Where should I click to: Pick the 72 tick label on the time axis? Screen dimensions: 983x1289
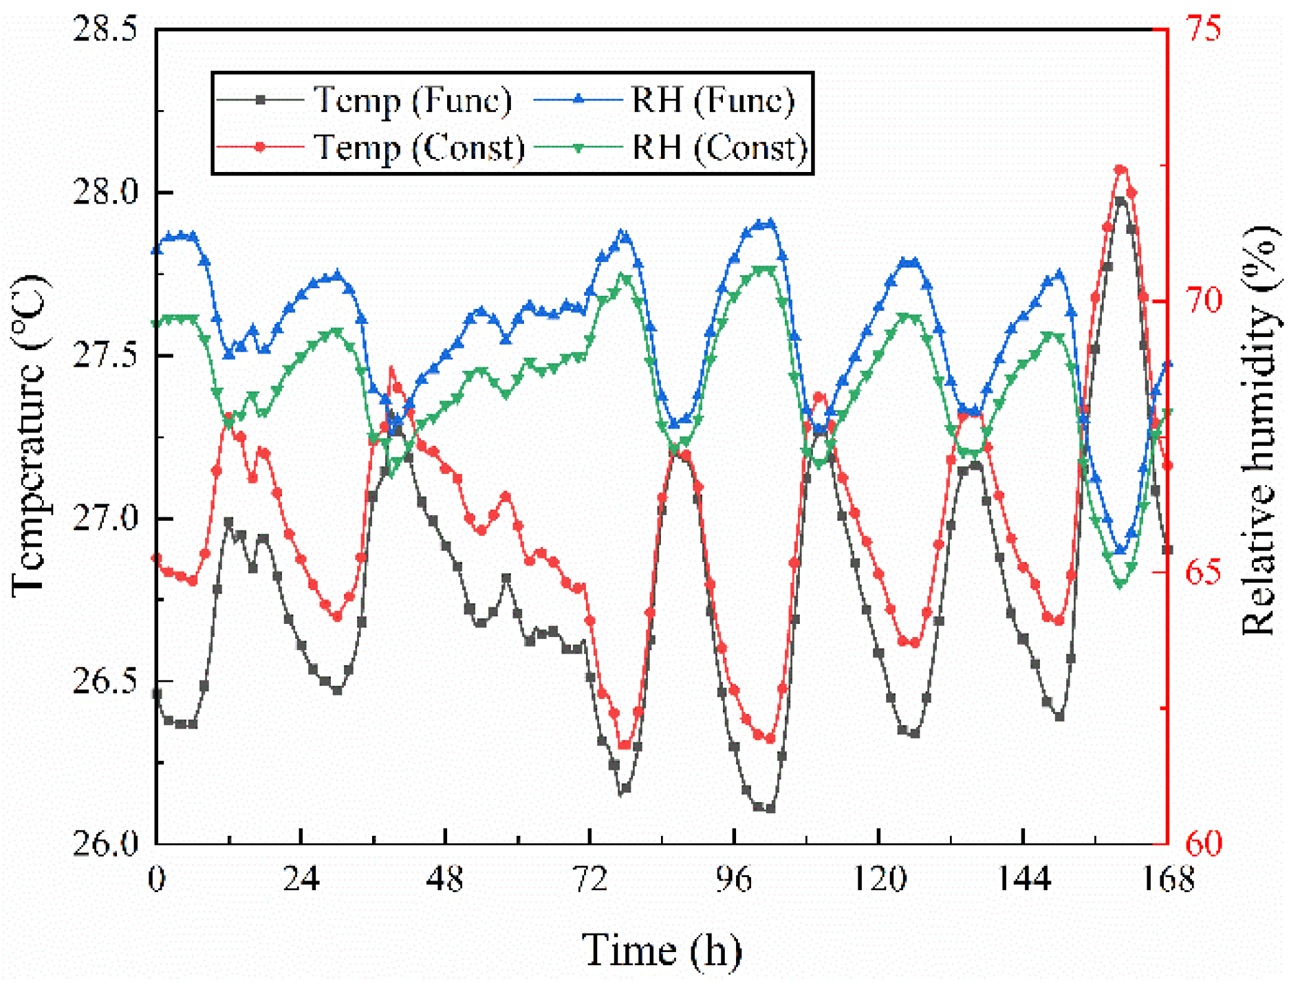[x=589, y=880]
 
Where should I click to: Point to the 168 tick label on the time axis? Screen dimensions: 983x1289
[x=1167, y=880]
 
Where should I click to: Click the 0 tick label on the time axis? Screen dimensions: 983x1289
[x=157, y=880]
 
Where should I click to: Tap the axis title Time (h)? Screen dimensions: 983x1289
[x=662, y=951]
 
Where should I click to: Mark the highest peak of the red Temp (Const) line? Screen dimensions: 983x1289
[x=1120, y=169]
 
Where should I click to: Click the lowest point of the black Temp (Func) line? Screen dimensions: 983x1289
[x=770, y=809]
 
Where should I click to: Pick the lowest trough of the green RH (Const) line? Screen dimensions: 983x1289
[x=1120, y=583]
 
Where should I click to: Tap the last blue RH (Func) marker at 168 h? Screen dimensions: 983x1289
[x=1167, y=365]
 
